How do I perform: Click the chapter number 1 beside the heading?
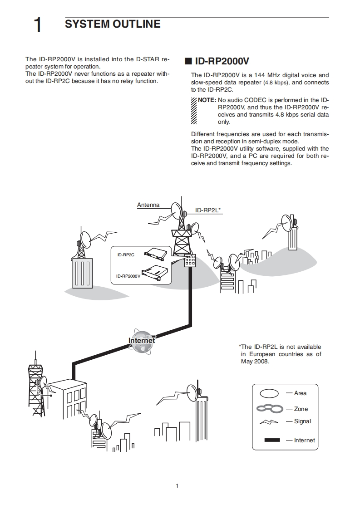tap(38, 25)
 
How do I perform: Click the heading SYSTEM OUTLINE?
tap(113, 24)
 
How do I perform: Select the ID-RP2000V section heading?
tap(222, 61)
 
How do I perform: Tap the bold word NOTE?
tap(207, 100)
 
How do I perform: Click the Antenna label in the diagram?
tap(148, 205)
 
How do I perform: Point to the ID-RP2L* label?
tap(207, 210)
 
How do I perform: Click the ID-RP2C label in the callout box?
tap(126, 255)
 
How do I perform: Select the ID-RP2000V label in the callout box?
tap(128, 276)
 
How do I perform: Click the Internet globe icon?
tap(142, 341)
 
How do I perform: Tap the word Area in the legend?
tap(300, 393)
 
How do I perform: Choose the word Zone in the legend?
tap(301, 409)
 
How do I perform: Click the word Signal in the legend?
tap(302, 421)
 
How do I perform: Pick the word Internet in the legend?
tap(305, 440)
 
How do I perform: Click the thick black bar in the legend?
tap(272, 440)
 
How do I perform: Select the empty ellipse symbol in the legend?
tap(269, 393)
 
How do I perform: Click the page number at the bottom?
tap(177, 486)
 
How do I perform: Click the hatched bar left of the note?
tap(194, 111)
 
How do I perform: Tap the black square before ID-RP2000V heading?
tap(188, 61)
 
